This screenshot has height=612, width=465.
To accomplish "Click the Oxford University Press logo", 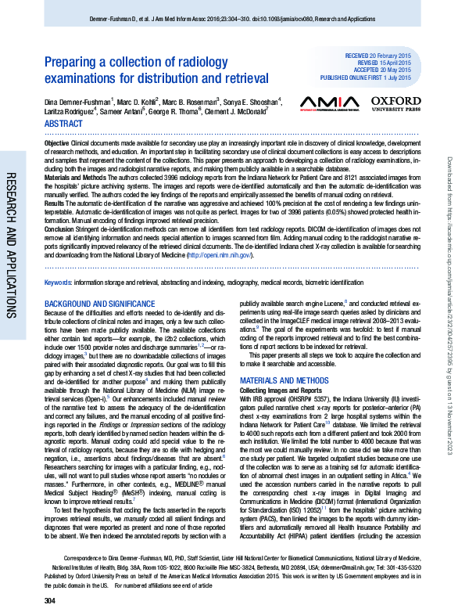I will click(x=395, y=104).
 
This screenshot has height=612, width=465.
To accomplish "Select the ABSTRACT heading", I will click(x=63, y=124).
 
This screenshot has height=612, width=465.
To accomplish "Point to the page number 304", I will click(x=50, y=599).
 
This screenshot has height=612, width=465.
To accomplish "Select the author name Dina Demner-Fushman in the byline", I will click(x=76, y=101).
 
